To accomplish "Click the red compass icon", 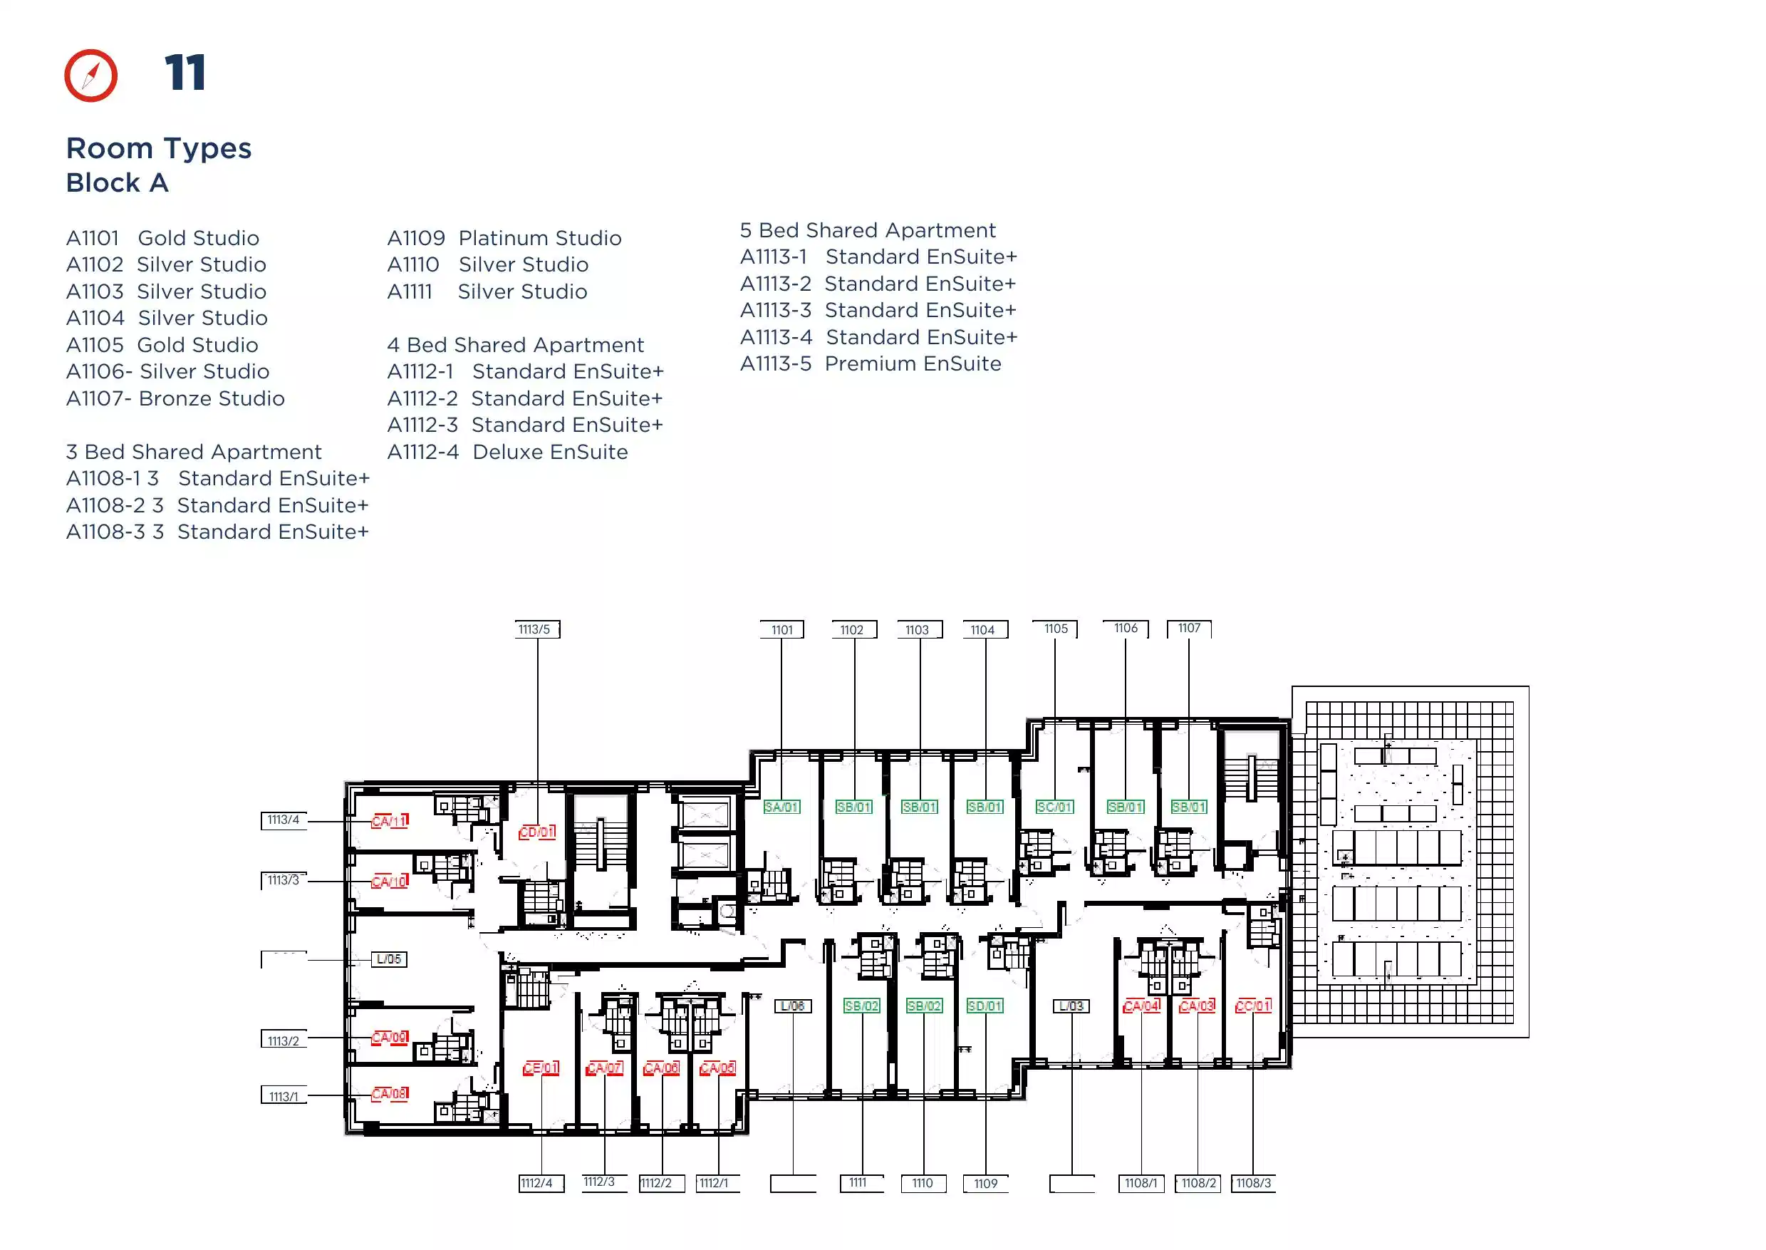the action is (90, 76).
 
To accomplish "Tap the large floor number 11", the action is (185, 73).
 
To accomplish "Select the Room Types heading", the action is (159, 148).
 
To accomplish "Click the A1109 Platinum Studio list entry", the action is (504, 238).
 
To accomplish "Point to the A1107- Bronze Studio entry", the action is (175, 398).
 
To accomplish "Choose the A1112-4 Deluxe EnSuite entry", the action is (507, 452).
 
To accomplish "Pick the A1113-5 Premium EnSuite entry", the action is (871, 363).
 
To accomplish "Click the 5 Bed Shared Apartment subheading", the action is (868, 230).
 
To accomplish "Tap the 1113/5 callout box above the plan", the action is (536, 629).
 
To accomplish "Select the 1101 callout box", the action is (781, 629).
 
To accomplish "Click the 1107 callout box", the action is (1189, 629).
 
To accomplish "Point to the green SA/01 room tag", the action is (781, 807).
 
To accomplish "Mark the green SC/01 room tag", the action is (1054, 807).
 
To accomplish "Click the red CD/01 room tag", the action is (536, 832).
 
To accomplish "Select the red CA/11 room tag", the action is (390, 821).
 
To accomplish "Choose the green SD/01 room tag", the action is (985, 1006).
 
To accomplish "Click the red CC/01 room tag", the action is (1253, 1006).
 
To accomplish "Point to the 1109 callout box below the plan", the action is (986, 1184).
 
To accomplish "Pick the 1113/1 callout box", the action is (284, 1096).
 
